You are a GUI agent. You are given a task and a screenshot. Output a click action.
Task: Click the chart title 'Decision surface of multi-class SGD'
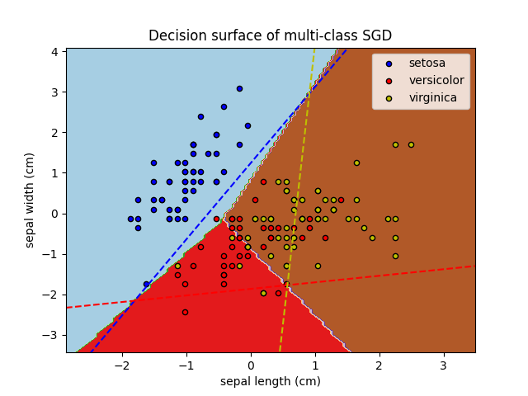(270, 35)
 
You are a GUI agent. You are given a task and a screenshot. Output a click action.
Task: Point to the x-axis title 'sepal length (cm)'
(270, 381)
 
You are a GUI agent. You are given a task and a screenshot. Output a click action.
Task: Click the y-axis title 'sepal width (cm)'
(30, 200)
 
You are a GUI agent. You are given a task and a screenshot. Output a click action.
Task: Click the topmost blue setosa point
(239, 88)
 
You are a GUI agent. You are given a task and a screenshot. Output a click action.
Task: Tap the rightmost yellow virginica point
(411, 144)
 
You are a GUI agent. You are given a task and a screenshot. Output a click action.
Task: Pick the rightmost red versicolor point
(341, 200)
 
